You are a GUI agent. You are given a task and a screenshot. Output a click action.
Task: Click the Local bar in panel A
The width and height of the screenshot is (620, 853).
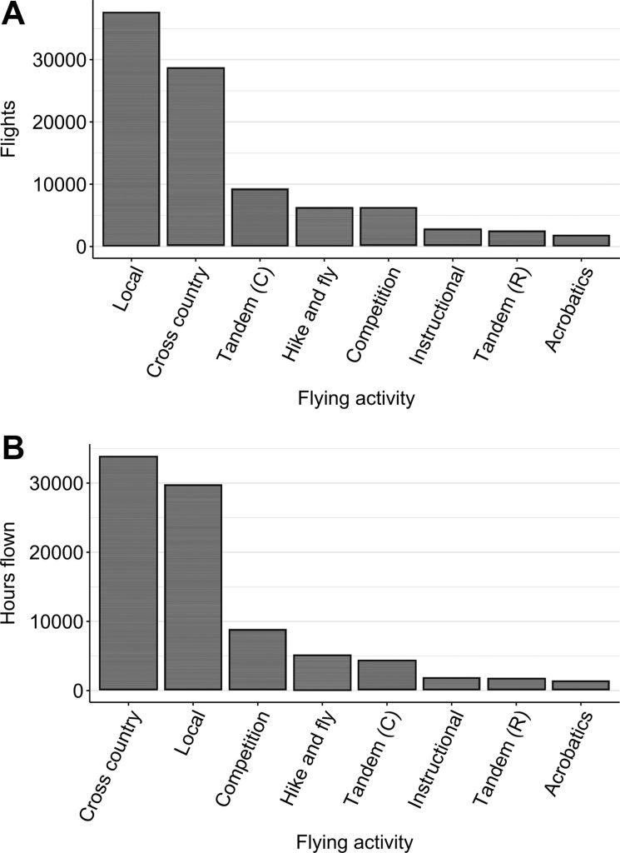[x=131, y=129]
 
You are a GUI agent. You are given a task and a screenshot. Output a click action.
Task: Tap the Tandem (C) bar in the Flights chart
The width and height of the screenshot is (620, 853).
[x=260, y=217]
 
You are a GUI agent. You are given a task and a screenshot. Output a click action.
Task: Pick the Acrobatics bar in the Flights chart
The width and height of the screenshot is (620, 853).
[x=582, y=241]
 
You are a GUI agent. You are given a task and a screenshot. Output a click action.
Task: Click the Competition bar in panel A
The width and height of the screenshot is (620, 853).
[x=389, y=227]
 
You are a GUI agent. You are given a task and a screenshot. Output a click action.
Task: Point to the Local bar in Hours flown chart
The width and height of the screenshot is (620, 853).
[x=193, y=587]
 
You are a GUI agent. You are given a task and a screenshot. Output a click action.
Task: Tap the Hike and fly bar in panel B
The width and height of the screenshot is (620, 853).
[x=322, y=672]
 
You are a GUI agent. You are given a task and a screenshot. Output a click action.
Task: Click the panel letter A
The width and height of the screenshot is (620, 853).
[x=14, y=15]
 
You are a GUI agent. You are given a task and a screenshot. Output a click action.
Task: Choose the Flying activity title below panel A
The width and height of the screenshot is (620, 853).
[x=355, y=399]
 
